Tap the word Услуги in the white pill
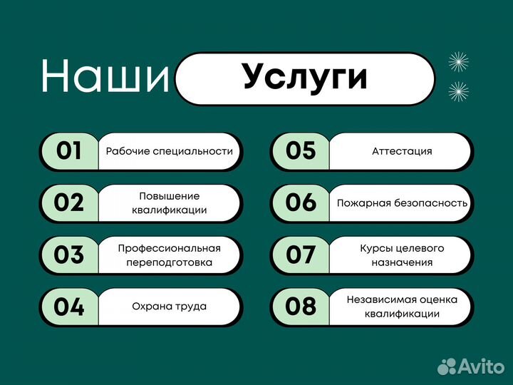coord(304,78)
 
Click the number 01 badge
coord(69,151)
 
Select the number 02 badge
coord(69,202)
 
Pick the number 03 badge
coord(69,255)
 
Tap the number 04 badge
coord(69,307)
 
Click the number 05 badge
coord(300,151)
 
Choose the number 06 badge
coord(300,202)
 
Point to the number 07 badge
coord(300,255)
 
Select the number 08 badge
coord(300,307)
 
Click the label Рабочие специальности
coord(170,151)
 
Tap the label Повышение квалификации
coord(170,202)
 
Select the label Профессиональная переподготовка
coord(170,255)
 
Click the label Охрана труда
coord(170,307)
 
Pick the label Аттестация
coord(402,151)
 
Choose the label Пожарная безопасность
coord(402,202)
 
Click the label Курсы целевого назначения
coord(402,255)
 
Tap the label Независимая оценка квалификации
coord(402,307)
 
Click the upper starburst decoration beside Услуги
coord(458,62)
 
